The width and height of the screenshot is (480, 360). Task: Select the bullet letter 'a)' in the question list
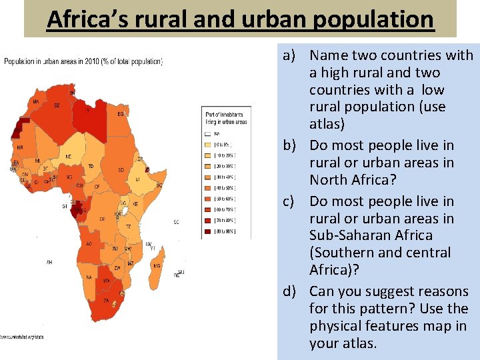(290, 55)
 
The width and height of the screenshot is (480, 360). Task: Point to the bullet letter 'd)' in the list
(290, 291)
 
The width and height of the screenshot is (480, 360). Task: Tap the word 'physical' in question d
(336, 326)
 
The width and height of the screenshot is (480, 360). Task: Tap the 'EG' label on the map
(120, 114)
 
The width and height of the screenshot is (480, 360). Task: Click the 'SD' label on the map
(121, 170)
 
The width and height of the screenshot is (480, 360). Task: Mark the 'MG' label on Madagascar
(157, 266)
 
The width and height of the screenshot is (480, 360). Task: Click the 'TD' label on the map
(91, 165)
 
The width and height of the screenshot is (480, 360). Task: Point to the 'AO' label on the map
(89, 244)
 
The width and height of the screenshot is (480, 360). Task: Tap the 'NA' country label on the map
(88, 277)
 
